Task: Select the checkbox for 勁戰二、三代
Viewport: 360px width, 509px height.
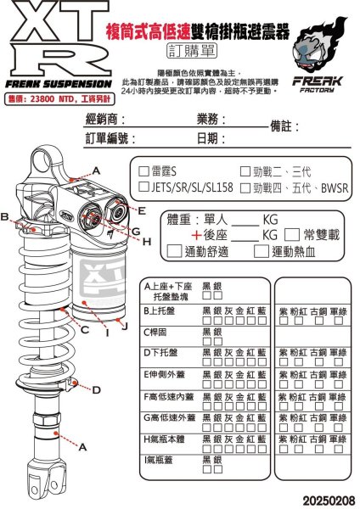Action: point(245,171)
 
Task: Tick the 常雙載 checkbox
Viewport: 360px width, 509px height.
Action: point(291,234)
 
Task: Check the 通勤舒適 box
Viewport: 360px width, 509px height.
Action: point(177,251)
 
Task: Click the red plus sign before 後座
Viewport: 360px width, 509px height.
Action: point(196,235)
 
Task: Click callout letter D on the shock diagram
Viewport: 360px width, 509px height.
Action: point(96,389)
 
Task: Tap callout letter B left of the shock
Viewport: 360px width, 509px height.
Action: point(7,217)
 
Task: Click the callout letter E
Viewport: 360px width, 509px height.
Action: point(142,210)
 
